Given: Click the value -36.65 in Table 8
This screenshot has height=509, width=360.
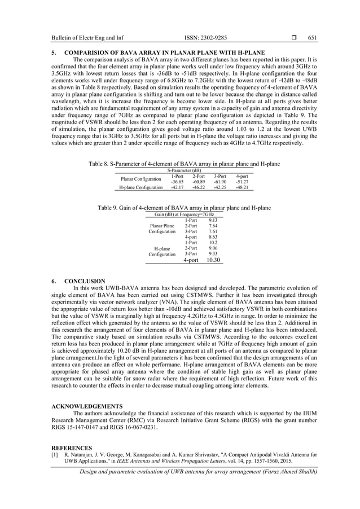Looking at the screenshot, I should pyautogui.click(x=177, y=182).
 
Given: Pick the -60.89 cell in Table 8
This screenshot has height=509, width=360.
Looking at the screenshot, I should pyautogui.click(x=198, y=182).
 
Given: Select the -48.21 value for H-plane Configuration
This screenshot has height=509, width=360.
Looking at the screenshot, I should pyautogui.click(x=242, y=187).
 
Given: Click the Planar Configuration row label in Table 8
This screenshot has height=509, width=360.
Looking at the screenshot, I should pyautogui.click(x=141, y=179).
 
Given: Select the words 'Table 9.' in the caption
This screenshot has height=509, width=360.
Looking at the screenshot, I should pyautogui.click(x=108, y=208).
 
